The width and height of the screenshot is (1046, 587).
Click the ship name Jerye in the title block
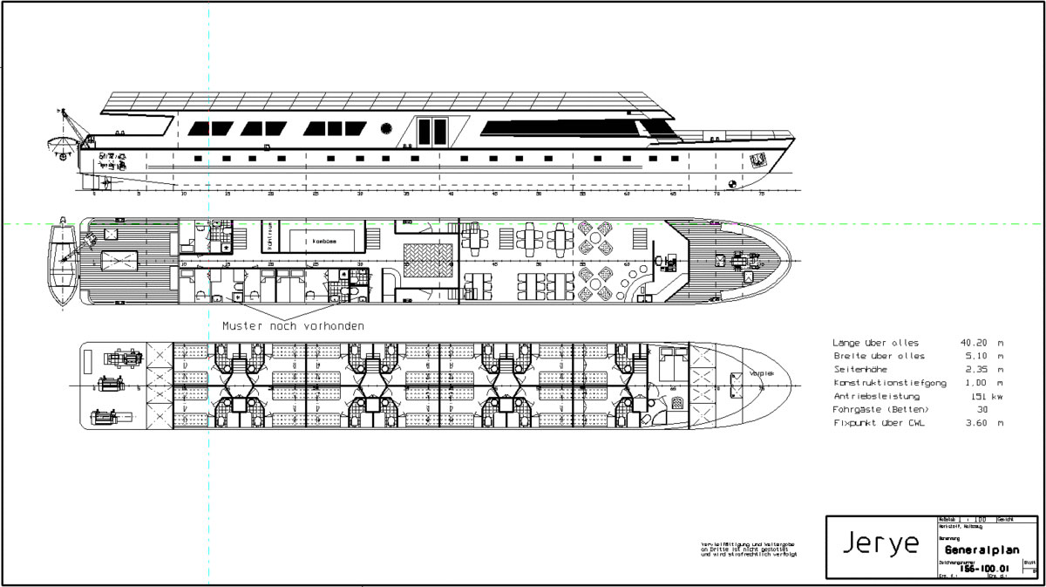[881, 544]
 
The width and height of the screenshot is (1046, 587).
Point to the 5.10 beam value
[971, 357]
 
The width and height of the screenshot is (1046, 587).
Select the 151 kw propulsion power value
[980, 396]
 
